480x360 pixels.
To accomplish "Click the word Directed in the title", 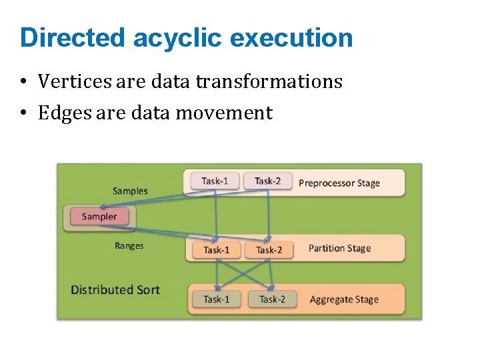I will tap(73, 38).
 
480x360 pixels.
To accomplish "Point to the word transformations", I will tap(269, 81).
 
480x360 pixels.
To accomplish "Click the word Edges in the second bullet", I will tap(64, 113).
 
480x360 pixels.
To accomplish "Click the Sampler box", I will tap(99, 216).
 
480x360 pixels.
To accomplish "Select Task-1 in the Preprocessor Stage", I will tap(215, 181).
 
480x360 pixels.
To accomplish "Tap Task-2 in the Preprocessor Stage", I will tap(268, 181).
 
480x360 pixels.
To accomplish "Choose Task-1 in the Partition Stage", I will tap(216, 250).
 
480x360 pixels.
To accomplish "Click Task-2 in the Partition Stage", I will tap(269, 250).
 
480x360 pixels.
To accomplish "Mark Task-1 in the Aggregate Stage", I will tap(216, 299).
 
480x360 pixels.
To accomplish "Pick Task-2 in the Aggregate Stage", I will tap(272, 299).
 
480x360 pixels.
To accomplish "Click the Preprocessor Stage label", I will tap(339, 183).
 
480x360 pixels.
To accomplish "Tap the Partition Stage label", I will tap(339, 249).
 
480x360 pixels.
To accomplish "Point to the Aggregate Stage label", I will tap(344, 299).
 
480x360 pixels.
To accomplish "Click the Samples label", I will tap(130, 191).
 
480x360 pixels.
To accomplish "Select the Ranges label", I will tap(129, 245).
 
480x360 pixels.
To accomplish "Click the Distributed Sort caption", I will tap(115, 289).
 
